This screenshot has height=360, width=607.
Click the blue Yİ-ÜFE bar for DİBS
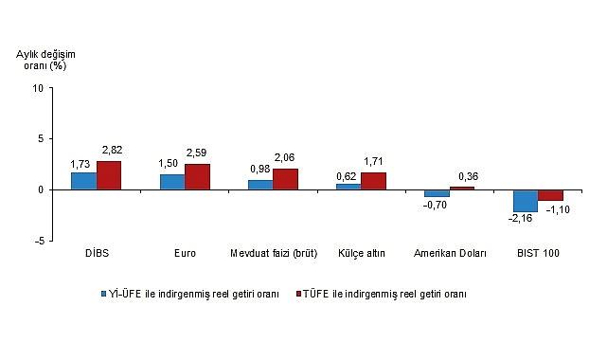pos(83,181)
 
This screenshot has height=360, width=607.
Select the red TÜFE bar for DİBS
pos(109,175)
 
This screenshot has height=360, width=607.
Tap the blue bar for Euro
pos(171,182)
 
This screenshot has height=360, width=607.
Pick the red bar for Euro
pos(197,177)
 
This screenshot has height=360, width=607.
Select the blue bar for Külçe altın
pos(348,187)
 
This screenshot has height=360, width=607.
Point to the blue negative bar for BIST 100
pos(525,201)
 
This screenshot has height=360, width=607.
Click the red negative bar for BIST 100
pos(550,195)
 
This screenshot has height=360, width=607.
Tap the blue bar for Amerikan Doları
pos(437,193)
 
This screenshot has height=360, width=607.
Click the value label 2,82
pos(112,151)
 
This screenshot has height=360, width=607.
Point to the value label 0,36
pos(467,176)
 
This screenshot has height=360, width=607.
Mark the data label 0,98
pos(259,169)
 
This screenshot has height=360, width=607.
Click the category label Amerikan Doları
pos(450,254)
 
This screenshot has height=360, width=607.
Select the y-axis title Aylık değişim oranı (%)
pos(45,61)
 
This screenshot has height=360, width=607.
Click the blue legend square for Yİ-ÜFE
pos(106,294)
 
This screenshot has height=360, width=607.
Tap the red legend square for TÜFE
pos(296,294)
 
